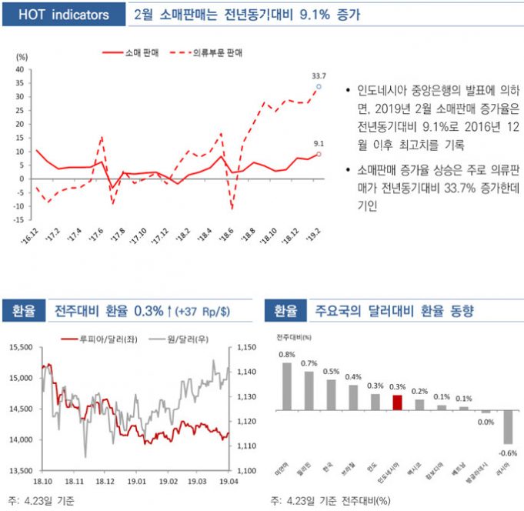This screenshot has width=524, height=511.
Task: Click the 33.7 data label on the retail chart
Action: tap(319, 76)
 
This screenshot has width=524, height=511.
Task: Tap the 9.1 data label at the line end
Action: tap(319, 143)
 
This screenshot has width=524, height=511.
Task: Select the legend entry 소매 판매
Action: tap(136, 53)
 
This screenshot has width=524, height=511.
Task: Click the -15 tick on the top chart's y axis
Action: tap(20, 219)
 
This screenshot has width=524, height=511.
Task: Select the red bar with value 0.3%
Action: tap(398, 402)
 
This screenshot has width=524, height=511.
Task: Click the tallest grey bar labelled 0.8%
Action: tap(286, 386)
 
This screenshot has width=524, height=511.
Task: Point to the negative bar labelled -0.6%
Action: tap(509, 427)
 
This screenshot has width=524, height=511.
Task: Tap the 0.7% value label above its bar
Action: tap(309, 363)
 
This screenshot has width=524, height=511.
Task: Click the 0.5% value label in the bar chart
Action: tap(332, 371)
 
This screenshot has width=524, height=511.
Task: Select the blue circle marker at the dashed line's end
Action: tap(319, 87)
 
